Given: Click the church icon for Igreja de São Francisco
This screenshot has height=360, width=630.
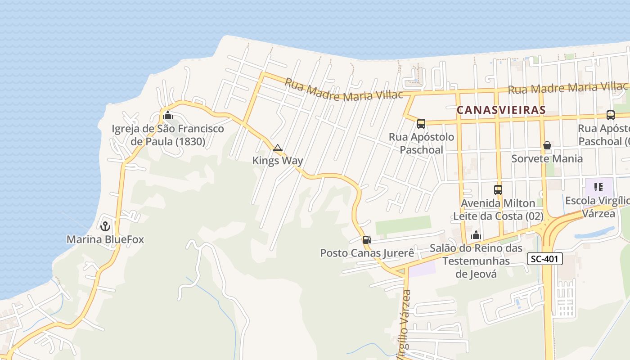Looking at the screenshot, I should point(168,115).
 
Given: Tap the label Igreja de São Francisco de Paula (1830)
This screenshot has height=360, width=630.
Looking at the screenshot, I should point(168,135).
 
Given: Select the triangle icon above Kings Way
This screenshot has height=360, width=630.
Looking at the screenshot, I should point(278,148).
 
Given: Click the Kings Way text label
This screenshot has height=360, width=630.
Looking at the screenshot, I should point(278,161).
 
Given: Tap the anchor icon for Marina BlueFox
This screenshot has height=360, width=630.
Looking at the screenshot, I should point(105,226).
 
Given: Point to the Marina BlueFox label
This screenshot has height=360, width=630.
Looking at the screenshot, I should point(105,239).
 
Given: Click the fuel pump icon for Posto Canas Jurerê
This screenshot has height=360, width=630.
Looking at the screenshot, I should point(367,240).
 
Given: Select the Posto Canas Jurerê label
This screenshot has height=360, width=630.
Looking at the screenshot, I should point(367,253).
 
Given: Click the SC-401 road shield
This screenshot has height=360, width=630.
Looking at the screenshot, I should point(545,259).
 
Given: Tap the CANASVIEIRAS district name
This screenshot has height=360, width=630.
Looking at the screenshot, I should point(501,110).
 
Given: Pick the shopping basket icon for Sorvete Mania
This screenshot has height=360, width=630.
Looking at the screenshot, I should point(547,145).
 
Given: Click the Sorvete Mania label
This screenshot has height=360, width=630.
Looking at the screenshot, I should point(547,158).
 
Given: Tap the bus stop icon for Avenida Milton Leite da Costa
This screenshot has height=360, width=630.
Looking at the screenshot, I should point(498,190).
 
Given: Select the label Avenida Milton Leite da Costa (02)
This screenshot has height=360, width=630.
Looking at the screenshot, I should point(498,210).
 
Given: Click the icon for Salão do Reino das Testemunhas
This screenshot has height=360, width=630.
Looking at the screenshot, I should point(476,235).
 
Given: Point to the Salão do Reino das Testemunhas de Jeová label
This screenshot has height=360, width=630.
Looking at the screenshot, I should point(476,261).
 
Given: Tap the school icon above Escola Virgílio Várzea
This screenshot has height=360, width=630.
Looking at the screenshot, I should point(598,187).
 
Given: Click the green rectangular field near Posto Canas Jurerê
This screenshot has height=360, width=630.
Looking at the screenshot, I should point(403,225).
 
